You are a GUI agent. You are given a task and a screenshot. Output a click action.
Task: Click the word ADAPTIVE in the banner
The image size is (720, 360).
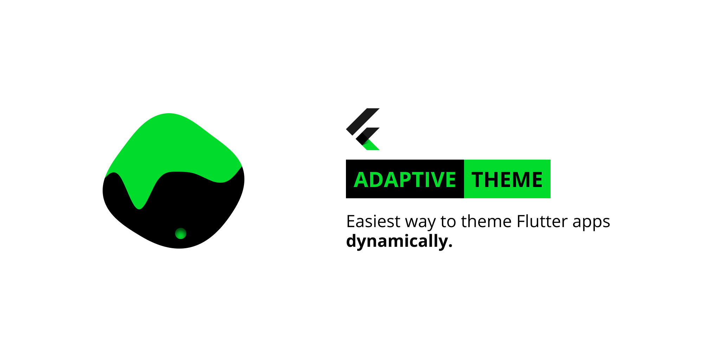(x=405, y=180)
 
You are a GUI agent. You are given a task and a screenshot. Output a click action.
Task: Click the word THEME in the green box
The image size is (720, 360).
(x=507, y=180)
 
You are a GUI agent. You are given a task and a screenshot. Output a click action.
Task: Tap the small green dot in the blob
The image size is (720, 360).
(x=181, y=233)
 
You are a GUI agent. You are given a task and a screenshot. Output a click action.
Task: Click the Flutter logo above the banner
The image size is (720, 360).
(x=363, y=129)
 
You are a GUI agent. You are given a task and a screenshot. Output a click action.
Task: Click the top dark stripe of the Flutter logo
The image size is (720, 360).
(x=363, y=122)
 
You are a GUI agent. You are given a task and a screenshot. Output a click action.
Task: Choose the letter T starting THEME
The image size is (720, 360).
(x=478, y=180)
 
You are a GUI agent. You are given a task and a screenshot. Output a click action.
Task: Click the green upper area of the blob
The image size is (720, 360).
(x=172, y=144)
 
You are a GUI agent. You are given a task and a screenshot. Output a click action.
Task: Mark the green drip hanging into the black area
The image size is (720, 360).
(x=140, y=197)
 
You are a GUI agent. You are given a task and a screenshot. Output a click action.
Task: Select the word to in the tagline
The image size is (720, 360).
(x=448, y=222)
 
